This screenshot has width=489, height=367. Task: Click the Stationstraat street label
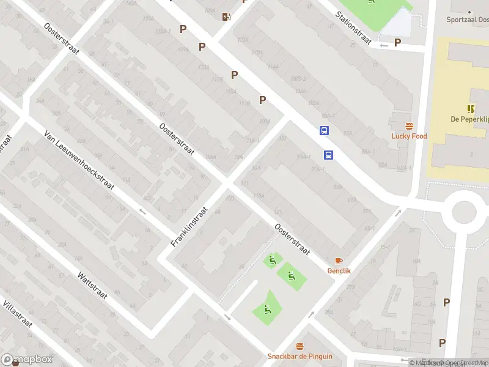pos(354,28)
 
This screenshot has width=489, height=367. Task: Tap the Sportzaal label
pos(468,20)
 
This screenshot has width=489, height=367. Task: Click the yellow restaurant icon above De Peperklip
pos(471,109)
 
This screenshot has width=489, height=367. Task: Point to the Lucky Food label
pos(409,136)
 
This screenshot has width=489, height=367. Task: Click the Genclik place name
pos(339,270)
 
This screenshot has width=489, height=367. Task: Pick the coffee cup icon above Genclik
pos(339,261)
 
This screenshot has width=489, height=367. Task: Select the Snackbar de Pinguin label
pos(300,357)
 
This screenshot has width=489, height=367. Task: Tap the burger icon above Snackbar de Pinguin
pos(300,347)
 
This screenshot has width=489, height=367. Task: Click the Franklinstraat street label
pos(189,226)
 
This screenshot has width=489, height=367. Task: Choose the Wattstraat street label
pos(92,285)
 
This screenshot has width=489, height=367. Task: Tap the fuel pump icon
pos(227,17)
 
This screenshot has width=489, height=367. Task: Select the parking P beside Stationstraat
pos(397,42)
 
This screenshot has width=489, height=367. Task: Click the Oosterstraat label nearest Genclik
pos(293,239)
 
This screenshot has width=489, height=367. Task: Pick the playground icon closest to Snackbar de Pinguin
pos(267,309)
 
